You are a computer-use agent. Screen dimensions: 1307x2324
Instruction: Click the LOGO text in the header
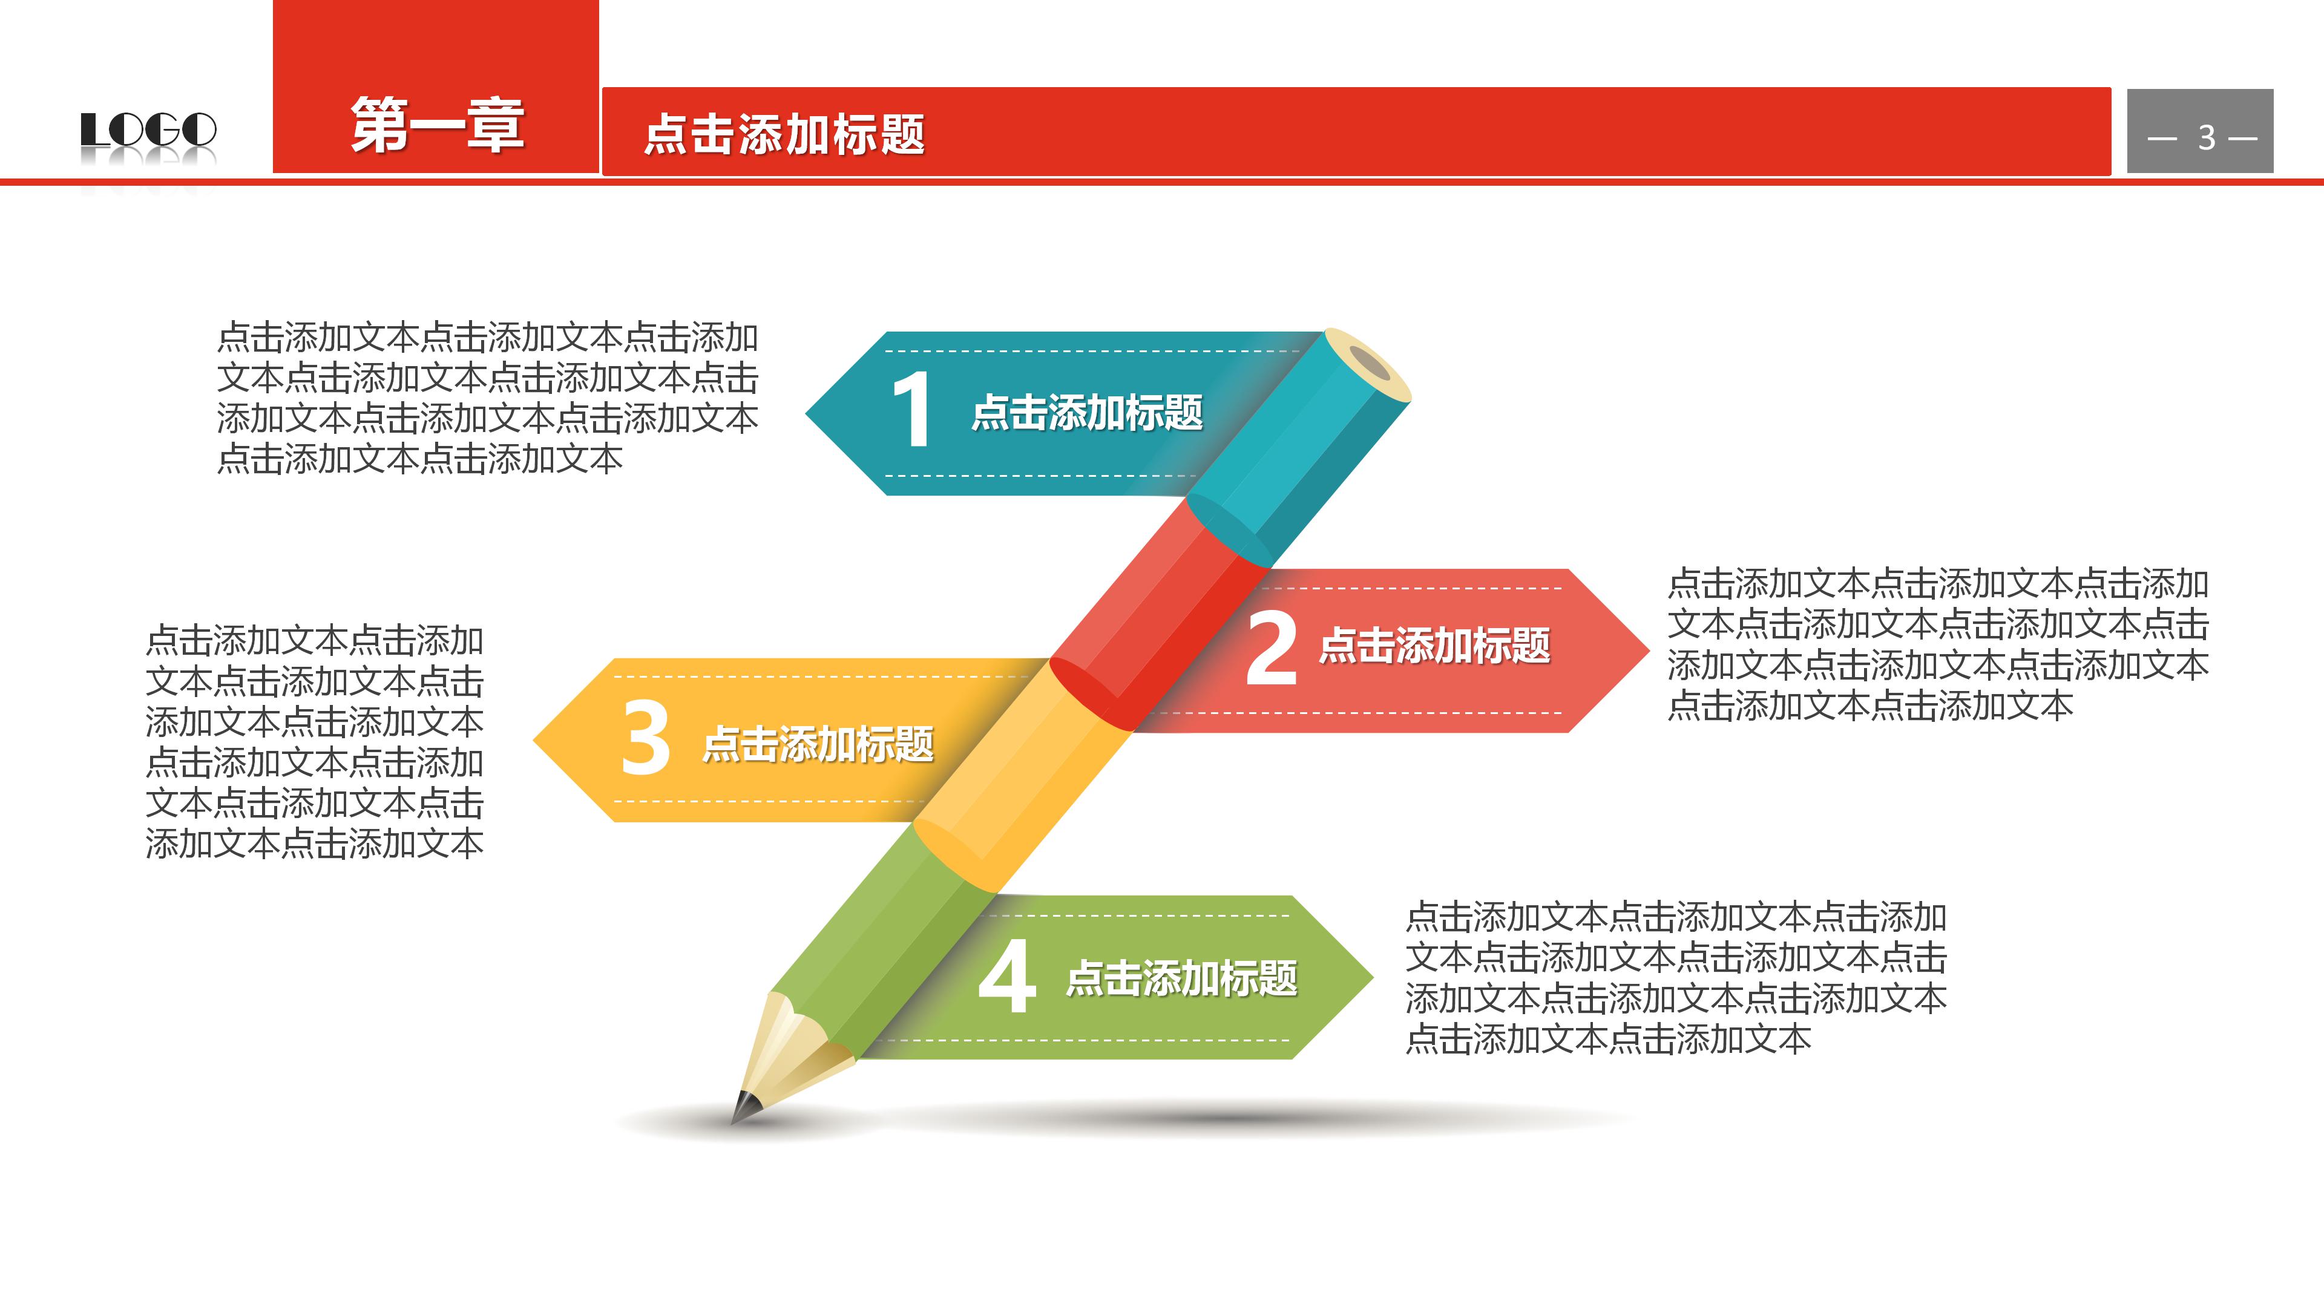coord(149,130)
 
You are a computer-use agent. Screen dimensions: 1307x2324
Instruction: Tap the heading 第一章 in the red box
coord(438,125)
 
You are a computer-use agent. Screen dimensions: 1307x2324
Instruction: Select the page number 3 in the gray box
coord(2206,138)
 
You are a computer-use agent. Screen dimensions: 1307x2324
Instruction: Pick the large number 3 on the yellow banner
coord(646,739)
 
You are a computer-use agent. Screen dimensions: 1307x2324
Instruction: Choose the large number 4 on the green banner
coord(1007,977)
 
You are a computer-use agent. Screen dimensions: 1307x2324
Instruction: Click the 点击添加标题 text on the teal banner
coord(1087,413)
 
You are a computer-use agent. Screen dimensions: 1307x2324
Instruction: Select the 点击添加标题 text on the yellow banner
coord(818,744)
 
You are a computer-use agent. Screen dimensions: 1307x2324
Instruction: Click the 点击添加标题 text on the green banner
coord(1182,978)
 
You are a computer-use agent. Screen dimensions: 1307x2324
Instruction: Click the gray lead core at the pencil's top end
coord(1370,364)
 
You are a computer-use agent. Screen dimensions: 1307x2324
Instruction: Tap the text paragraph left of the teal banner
coord(487,398)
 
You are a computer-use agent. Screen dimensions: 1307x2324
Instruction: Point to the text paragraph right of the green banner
coord(1675,978)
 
